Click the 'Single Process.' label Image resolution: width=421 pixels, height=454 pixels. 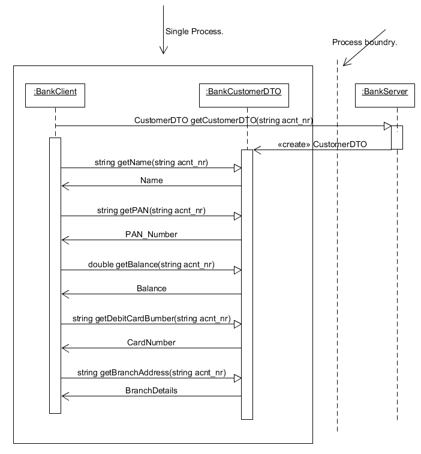(194, 31)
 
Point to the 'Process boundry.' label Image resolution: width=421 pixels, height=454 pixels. (365, 42)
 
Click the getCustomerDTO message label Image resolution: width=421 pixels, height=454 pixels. (223, 121)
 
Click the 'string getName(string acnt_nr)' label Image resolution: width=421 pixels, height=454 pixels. (151, 162)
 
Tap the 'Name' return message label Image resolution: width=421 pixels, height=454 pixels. (151, 180)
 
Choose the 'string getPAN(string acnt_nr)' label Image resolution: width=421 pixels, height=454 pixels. (151, 210)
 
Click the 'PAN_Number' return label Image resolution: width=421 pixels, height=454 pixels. (151, 234)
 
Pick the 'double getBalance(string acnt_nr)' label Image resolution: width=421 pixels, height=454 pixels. (151, 264)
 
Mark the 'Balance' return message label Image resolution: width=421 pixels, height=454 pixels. (151, 288)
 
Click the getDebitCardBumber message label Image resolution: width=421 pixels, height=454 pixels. (151, 318)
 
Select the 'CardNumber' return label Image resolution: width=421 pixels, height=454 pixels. (151, 342)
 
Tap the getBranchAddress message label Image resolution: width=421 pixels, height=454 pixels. (151, 372)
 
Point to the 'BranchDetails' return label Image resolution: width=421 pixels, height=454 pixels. (151, 390)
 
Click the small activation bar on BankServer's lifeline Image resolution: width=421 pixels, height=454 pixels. (397, 138)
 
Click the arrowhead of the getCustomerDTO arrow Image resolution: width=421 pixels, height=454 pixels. (387, 126)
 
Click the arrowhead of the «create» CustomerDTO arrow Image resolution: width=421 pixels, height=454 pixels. (257, 150)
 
